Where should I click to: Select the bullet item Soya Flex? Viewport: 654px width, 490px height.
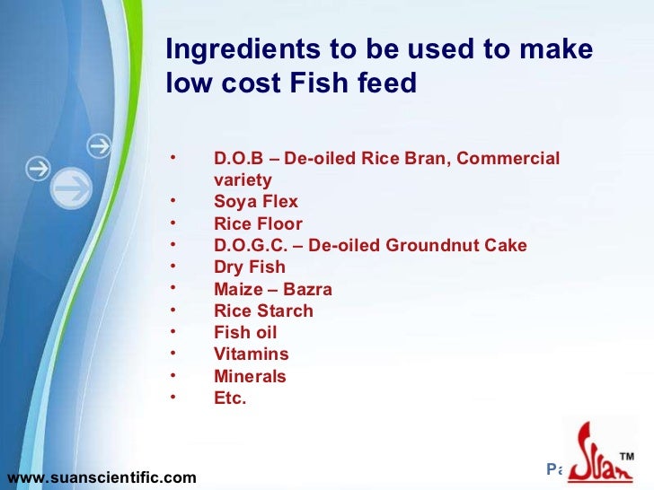pos(256,202)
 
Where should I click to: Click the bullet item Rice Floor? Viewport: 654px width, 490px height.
pos(258,223)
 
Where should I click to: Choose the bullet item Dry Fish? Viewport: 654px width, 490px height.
pos(250,267)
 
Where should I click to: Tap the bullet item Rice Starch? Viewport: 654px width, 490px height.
pos(263,311)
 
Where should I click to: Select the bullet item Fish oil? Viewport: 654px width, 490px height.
pos(245,333)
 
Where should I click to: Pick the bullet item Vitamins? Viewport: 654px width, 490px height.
pos(252,354)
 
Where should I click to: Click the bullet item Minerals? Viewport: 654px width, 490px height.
pos(250,377)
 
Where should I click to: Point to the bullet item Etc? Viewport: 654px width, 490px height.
pos(230,398)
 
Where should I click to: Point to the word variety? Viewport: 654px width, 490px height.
pos(243,179)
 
